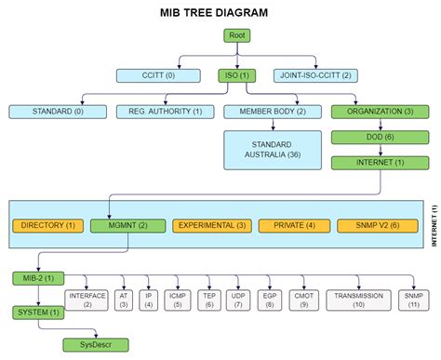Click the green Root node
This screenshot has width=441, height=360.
point(235,36)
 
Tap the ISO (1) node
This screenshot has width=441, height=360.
point(235,75)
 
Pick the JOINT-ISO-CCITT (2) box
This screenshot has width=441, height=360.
point(314,75)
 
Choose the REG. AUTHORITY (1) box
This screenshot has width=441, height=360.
point(158,112)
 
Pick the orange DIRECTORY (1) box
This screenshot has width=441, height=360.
point(47,225)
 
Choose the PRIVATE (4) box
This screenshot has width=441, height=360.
point(293,225)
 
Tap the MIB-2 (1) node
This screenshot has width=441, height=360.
point(38,278)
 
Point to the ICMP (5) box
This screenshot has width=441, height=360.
point(177,300)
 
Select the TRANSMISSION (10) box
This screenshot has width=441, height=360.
point(359,300)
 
